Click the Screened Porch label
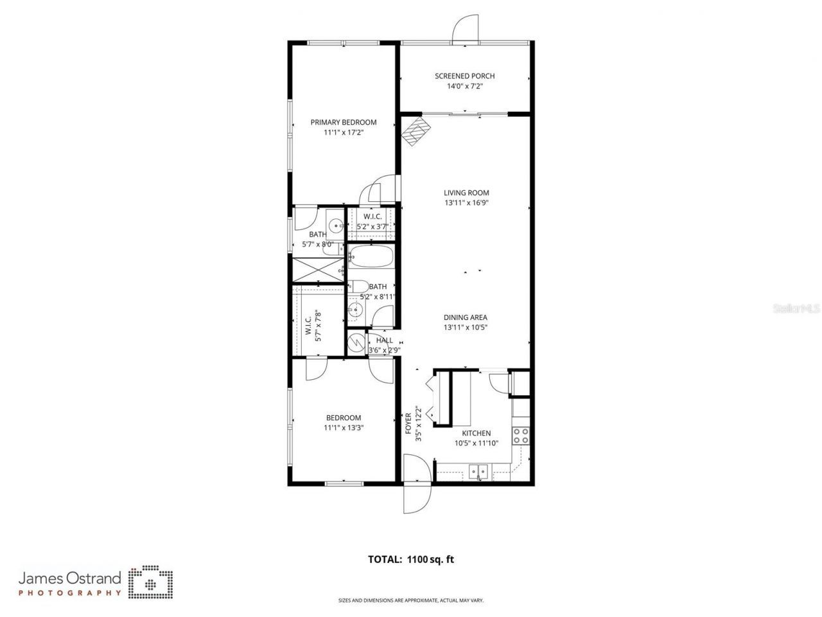click(465, 76)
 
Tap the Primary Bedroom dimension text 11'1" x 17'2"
click(344, 132)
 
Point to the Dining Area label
click(465, 317)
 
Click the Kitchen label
click(476, 433)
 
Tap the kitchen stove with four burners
click(521, 436)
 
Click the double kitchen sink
click(478, 472)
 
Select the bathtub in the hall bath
click(372, 258)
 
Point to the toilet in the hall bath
click(358, 286)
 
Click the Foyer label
click(408, 424)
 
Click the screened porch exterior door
click(464, 29)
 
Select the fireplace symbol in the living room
click(415, 131)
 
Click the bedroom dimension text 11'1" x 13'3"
click(344, 427)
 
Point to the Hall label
click(385, 341)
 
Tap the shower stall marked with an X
click(318, 269)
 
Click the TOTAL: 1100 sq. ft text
click(410, 559)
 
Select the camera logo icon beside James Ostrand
click(150, 582)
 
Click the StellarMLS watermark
click(796, 309)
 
